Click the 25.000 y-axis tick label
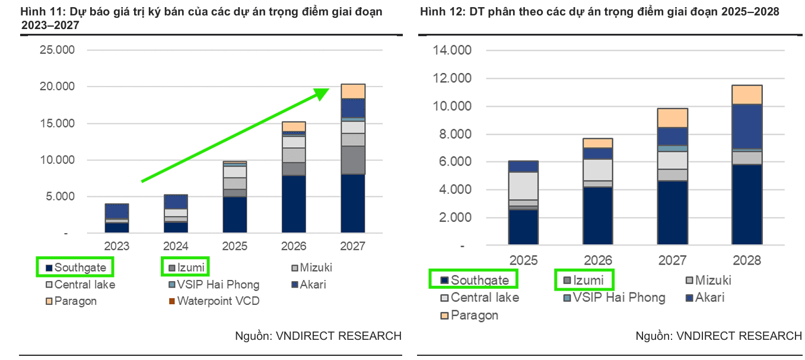click(x=58, y=50)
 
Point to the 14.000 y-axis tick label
click(x=452, y=50)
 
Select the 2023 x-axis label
click(x=117, y=246)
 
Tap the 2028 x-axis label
click(x=746, y=260)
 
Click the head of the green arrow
click(x=323, y=93)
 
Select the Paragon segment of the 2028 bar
click(x=746, y=95)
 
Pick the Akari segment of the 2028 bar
click(x=746, y=126)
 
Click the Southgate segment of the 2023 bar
click(x=117, y=228)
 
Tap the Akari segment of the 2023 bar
click(x=117, y=211)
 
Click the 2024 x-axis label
click(x=176, y=246)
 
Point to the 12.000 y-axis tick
click(x=452, y=78)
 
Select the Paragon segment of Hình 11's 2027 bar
click(x=352, y=91)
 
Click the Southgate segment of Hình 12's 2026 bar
click(x=597, y=215)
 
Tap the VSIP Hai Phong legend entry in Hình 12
click(x=615, y=297)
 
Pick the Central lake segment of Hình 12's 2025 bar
click(x=523, y=186)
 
